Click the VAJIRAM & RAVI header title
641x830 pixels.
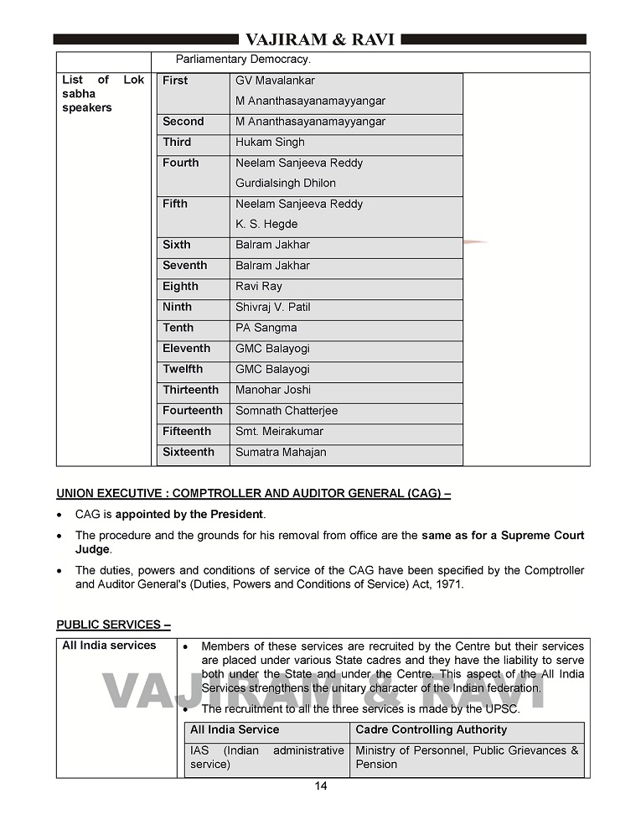[320, 39]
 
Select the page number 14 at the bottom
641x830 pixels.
[321, 786]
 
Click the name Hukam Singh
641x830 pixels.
[270, 143]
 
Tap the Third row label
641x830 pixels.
[177, 143]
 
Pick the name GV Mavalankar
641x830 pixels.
[275, 80]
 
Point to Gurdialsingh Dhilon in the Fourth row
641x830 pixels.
[285, 184]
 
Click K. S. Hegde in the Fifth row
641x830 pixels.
[266, 225]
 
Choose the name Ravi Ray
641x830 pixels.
[259, 287]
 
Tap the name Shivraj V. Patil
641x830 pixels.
[272, 307]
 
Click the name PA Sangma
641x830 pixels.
[266, 328]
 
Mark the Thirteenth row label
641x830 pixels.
[190, 390]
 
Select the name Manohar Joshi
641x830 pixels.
[273, 390]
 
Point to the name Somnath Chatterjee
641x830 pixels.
[287, 411]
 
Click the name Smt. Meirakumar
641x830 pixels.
[279, 432]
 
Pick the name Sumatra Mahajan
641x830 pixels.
[281, 453]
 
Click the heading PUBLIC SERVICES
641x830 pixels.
[113, 625]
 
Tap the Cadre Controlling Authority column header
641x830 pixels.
[431, 730]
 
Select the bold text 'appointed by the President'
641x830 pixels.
[189, 514]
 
